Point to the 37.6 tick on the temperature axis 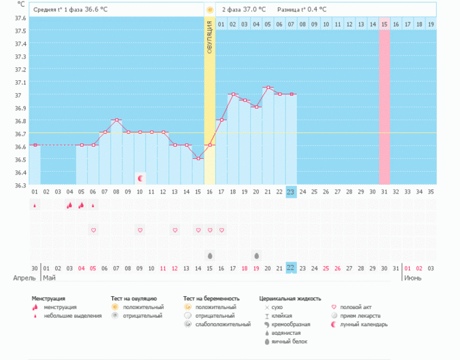20,18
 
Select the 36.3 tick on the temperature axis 20,185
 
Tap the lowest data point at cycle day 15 198,158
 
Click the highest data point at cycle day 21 268,88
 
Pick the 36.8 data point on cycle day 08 117,120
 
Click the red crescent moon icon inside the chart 141,178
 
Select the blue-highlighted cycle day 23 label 291,192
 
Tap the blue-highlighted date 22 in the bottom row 291,268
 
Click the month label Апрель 24,278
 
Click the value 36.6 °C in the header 96,10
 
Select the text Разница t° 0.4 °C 302,10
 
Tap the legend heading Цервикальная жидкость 290,298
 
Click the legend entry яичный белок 286,342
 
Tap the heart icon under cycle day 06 94,230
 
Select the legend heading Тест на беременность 212,298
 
